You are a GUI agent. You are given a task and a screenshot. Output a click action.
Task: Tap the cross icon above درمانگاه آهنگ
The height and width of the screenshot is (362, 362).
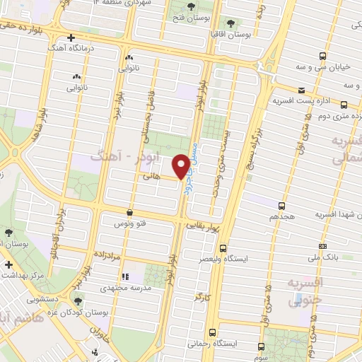tap(70, 37)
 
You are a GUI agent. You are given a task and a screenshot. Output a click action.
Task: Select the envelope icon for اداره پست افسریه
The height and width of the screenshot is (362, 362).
tap(301, 90)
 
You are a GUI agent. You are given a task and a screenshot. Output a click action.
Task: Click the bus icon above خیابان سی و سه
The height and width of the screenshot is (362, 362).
tap(322, 56)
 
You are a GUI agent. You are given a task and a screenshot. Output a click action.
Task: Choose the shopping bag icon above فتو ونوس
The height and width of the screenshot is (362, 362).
tap(129, 212)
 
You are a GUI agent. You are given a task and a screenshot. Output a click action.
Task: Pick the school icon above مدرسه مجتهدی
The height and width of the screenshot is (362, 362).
tap(125, 277)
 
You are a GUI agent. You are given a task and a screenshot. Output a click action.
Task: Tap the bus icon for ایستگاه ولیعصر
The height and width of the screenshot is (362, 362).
tap(223, 248)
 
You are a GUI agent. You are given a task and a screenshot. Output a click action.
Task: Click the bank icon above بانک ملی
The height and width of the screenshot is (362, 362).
tap(322, 245)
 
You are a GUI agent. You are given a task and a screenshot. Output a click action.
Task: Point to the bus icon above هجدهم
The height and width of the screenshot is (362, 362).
tap(282, 205)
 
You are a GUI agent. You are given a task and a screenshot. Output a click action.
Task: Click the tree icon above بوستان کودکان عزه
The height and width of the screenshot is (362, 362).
tap(78, 300)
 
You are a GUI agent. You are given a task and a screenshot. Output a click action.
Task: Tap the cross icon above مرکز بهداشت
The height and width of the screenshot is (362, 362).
tap(8, 264)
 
